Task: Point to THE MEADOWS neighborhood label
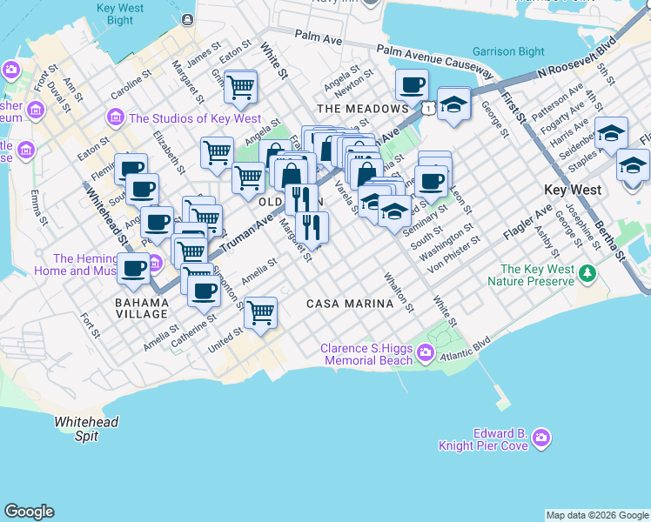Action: [x=363, y=109]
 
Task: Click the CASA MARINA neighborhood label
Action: [x=348, y=304]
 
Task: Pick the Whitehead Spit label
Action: [x=86, y=429]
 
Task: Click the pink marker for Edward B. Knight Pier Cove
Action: [x=541, y=437]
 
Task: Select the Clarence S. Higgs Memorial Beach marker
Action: [x=426, y=352]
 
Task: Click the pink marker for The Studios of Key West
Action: [x=115, y=117]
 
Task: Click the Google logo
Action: [x=29, y=512]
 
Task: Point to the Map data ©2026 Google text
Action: [x=597, y=515]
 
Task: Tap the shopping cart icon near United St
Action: [x=260, y=311]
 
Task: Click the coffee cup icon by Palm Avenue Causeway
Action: [x=412, y=84]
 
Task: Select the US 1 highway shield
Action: [x=429, y=107]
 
